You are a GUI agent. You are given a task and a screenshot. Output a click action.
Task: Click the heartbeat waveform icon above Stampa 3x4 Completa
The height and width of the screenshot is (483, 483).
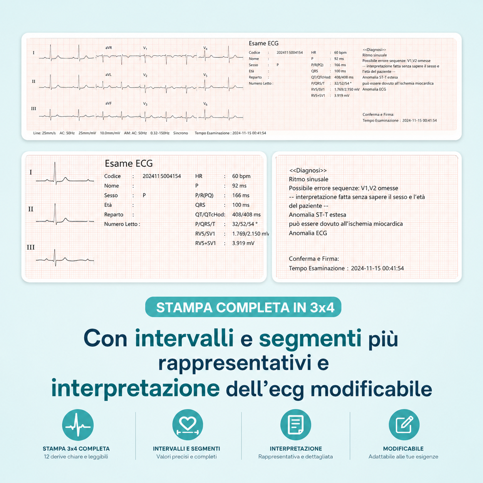pyautogui.click(x=78, y=425)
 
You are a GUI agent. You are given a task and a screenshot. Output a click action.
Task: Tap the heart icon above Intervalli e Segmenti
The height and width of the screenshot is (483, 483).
pyautogui.click(x=188, y=425)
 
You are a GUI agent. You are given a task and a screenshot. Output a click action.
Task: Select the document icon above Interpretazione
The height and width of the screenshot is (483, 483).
pyautogui.click(x=296, y=425)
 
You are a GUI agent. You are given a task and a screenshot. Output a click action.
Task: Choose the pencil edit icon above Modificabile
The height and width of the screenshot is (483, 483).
pyautogui.click(x=404, y=425)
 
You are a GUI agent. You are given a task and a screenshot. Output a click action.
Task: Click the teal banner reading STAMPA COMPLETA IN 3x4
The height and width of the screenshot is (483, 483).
pyautogui.click(x=243, y=307)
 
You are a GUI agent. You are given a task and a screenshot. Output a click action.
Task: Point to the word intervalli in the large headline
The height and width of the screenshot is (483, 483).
pyautogui.click(x=184, y=338)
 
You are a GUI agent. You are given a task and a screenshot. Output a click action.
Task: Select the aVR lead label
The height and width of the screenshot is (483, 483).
pyautogui.click(x=109, y=48)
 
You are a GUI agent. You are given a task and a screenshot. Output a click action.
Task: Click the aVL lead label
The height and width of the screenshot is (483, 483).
pyautogui.click(x=108, y=75)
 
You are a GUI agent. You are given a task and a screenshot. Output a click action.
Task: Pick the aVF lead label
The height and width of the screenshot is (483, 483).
pyautogui.click(x=108, y=103)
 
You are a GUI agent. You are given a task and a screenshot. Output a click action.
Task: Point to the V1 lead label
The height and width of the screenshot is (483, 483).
pyautogui.click(x=145, y=48)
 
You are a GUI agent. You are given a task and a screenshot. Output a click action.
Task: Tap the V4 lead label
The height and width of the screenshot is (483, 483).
pyautogui.click(x=205, y=48)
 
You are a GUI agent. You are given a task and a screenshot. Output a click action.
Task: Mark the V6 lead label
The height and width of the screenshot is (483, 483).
pyautogui.click(x=205, y=104)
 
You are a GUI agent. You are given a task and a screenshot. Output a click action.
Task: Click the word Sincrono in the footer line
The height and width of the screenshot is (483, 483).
pyautogui.click(x=181, y=133)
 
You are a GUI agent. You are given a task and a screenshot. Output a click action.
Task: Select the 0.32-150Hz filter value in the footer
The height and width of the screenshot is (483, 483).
pyautogui.click(x=160, y=133)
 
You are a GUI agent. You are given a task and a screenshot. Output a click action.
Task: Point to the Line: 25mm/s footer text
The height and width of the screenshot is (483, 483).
pyautogui.click(x=44, y=133)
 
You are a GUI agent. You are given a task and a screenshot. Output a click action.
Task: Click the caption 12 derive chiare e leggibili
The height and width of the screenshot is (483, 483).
pyautogui.click(x=76, y=457)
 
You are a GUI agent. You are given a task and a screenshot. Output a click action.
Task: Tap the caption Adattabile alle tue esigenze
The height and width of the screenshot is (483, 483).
pyautogui.click(x=403, y=457)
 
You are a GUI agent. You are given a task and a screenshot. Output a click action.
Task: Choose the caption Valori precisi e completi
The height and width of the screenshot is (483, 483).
pyautogui.click(x=186, y=457)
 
